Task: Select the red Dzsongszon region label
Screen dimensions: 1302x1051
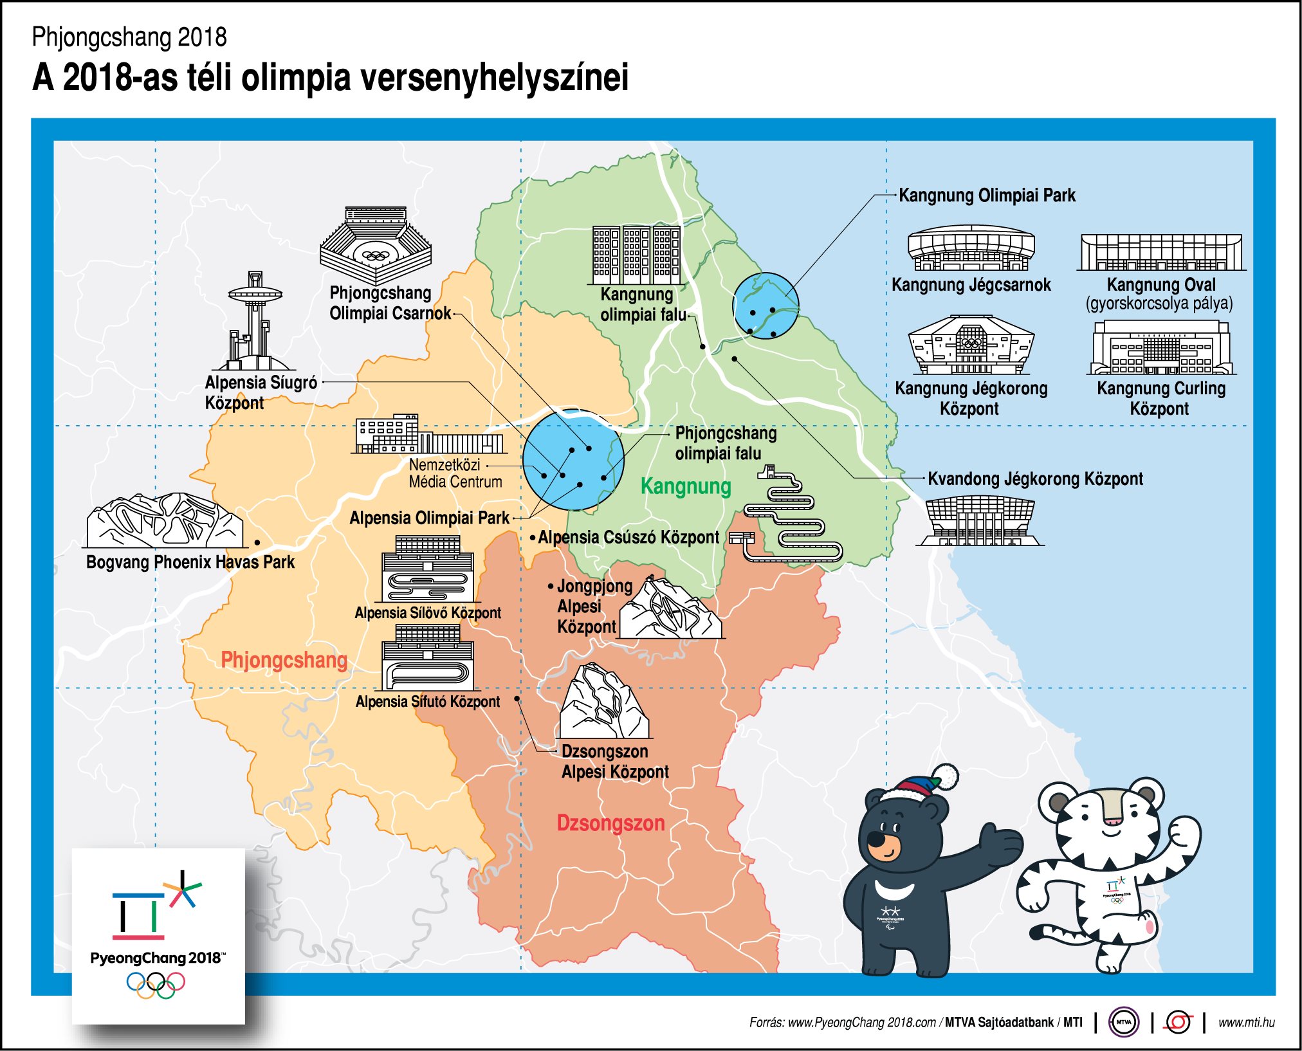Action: click(x=610, y=823)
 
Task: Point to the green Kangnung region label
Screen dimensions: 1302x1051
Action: click(x=686, y=486)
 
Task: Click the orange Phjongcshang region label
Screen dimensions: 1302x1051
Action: click(x=284, y=660)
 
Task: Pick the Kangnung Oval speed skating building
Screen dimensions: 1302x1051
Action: click(x=1161, y=252)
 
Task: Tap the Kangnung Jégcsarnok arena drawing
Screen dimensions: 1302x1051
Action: click(x=971, y=248)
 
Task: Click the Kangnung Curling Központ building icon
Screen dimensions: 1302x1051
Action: click(x=1161, y=348)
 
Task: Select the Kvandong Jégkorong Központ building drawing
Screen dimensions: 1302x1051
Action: click(x=979, y=520)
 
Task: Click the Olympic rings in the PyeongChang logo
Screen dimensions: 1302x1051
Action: click(x=156, y=983)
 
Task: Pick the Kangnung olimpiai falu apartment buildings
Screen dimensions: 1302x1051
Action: click(x=636, y=255)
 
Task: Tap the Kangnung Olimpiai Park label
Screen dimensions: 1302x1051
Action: click(x=987, y=196)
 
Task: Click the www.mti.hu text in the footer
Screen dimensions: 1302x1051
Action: click(x=1246, y=1022)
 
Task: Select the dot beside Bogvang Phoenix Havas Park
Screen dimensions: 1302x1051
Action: click(x=257, y=543)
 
